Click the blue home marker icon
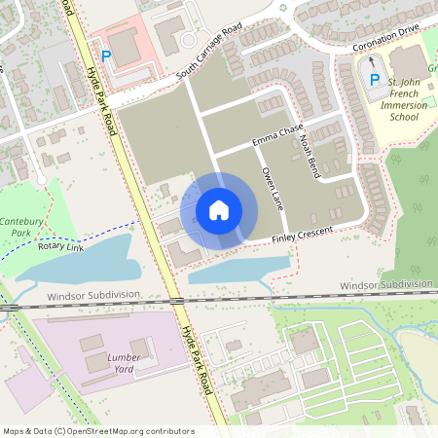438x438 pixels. pos(219,210)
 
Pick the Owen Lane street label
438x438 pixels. pos(272,187)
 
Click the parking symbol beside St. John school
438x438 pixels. pos(373,77)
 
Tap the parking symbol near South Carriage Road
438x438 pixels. pos(106,57)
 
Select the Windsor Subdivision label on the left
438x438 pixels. pos(92,294)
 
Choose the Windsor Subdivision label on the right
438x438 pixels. pos(385,285)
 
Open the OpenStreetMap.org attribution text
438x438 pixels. pos(97,431)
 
